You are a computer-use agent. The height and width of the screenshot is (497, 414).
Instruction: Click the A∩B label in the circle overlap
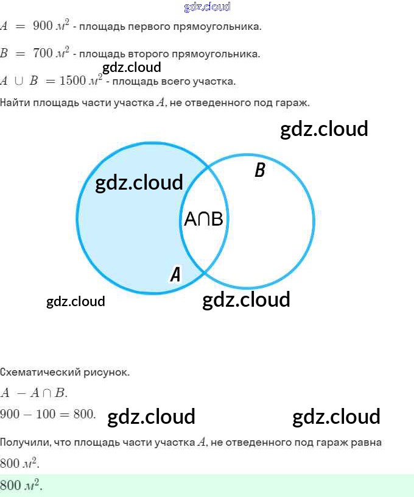203,220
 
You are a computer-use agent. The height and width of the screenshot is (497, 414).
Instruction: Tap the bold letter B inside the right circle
259,170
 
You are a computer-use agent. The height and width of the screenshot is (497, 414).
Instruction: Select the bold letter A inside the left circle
175,274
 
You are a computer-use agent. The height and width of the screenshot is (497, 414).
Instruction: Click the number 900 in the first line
42,26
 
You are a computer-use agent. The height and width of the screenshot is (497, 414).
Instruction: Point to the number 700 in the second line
43,53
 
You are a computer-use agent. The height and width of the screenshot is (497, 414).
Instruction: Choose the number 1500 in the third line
73,80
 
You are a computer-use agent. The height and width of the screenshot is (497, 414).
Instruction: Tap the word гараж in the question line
295,102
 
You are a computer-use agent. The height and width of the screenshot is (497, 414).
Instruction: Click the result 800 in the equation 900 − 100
84,414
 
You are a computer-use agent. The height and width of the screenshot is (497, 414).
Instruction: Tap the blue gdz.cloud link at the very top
207,7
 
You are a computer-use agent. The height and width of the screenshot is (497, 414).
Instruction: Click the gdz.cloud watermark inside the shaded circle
139,182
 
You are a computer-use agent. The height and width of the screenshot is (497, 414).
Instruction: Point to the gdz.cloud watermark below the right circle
246,299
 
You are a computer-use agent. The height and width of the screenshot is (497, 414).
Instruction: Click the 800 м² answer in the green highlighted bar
20,486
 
